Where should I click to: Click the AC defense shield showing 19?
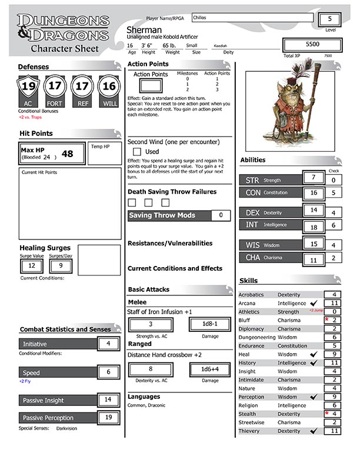[27, 88]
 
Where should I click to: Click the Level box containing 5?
[330, 18]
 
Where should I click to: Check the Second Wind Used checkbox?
[136, 152]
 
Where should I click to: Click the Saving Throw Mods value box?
[221, 215]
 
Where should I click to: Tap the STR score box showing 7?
[314, 177]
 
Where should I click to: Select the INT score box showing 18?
[314, 227]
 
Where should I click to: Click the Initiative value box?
[108, 344]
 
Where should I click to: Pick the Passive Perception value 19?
[108, 417]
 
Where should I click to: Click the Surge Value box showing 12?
[32, 266]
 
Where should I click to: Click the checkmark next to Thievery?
[313, 431]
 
